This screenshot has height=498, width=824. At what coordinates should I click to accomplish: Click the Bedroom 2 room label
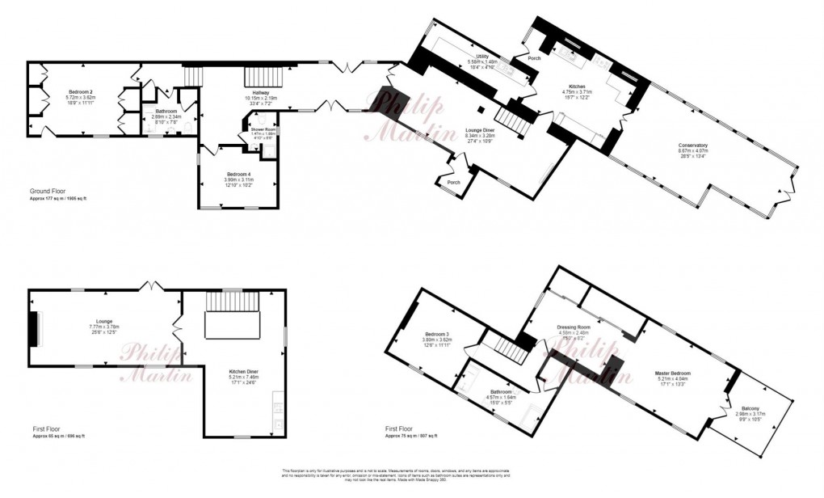pos(80,91)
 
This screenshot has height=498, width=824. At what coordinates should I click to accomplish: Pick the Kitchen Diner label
pos(244,370)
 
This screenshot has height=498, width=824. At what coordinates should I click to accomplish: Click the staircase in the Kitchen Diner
pos(233,316)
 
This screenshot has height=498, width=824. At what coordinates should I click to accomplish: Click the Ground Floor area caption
pos(46,191)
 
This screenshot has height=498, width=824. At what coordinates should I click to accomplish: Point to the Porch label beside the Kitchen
pos(534,58)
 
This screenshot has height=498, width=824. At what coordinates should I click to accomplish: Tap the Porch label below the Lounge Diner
pos(454,182)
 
